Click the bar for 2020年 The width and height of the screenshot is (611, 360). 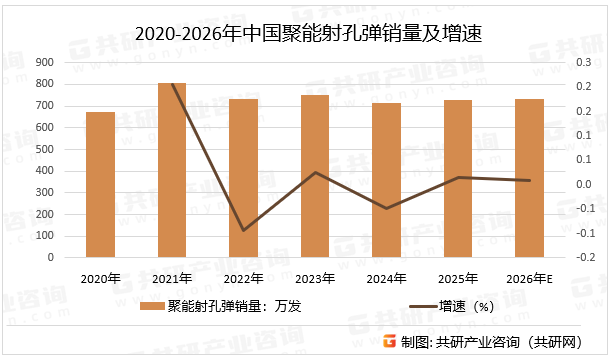tap(100, 185)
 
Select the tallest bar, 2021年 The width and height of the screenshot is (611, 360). tap(172, 170)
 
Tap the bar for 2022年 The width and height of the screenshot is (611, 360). tap(243, 178)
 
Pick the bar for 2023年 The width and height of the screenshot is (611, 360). tap(315, 176)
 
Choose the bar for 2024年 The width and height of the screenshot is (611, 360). tap(387, 180)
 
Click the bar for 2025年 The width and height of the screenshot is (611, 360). tap(458, 178)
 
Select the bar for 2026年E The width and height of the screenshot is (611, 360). tap(530, 178)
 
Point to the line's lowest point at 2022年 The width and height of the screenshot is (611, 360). tap(243, 230)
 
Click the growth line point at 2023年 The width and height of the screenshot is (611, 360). tap(315, 172)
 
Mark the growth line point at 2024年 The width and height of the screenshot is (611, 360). tap(387, 208)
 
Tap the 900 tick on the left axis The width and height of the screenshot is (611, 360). tap(45, 62)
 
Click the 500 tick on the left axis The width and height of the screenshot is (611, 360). tap(45, 149)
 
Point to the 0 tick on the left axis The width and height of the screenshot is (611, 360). tap(51, 257)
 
